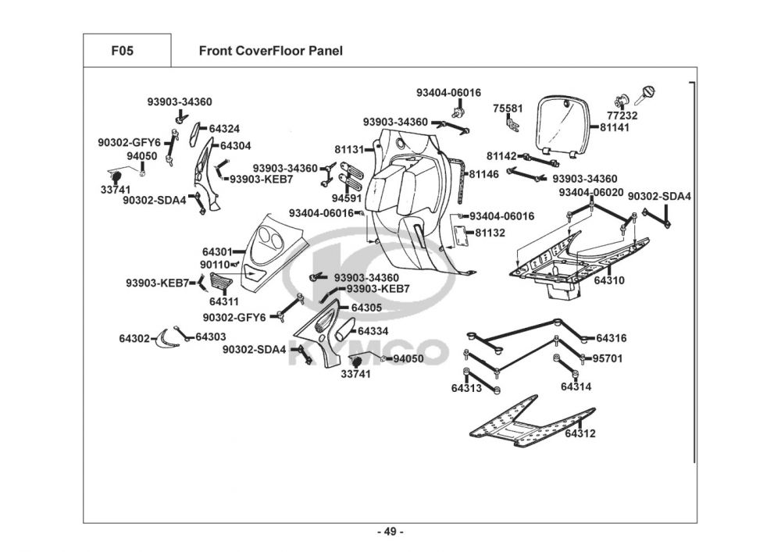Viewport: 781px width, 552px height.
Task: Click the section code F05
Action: click(x=123, y=52)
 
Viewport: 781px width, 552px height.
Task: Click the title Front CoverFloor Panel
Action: click(x=270, y=52)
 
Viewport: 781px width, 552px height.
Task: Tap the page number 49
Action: click(x=390, y=532)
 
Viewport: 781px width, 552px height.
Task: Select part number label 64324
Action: click(x=224, y=129)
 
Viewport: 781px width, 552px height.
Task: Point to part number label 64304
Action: click(x=235, y=145)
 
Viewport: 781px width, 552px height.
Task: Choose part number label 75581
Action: click(x=508, y=108)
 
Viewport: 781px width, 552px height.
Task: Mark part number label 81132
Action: click(x=490, y=233)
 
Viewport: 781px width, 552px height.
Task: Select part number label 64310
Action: click(x=609, y=280)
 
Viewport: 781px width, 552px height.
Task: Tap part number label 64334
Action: click(x=373, y=331)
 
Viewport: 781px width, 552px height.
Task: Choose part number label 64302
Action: click(x=134, y=338)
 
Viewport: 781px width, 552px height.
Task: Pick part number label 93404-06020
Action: click(x=590, y=192)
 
